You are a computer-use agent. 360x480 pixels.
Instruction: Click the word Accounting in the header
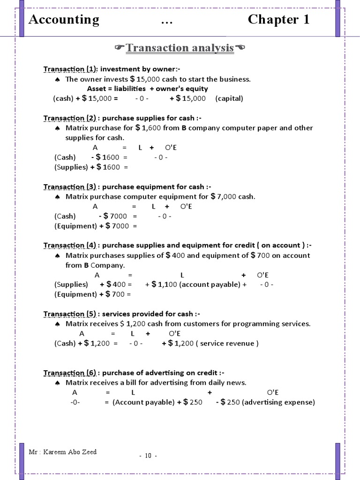pyautogui.click(x=64, y=20)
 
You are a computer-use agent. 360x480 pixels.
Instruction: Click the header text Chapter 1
pyautogui.click(x=278, y=20)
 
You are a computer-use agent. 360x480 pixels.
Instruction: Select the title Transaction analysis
pyautogui.click(x=180, y=48)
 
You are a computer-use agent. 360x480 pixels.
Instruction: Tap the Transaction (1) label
pyautogui.click(x=70, y=69)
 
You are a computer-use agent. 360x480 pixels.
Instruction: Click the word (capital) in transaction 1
pyautogui.click(x=229, y=98)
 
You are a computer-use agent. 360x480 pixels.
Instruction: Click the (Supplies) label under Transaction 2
pyautogui.click(x=71, y=167)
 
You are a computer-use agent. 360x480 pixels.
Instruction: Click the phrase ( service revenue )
pyautogui.click(x=227, y=343)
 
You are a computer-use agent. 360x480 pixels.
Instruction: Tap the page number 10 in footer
pyautogui.click(x=148, y=456)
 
